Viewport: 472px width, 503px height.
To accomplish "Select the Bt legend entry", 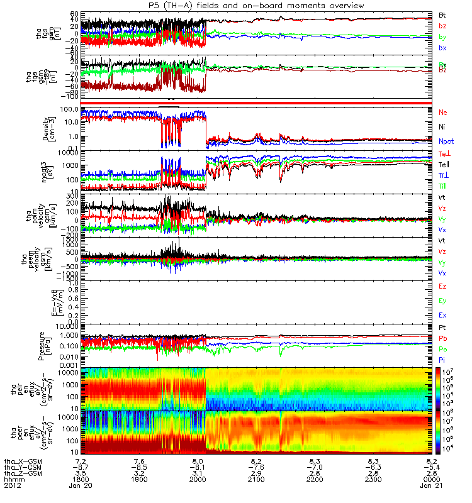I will (443, 14).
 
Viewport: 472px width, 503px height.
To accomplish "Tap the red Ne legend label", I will (444, 112).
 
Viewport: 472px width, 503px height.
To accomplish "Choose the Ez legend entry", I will (443, 286).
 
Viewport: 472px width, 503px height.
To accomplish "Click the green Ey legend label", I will (443, 301).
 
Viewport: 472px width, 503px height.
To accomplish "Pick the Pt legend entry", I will (443, 328).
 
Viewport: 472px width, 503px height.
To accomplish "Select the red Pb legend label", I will (443, 338).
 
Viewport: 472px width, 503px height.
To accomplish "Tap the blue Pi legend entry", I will (443, 360).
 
